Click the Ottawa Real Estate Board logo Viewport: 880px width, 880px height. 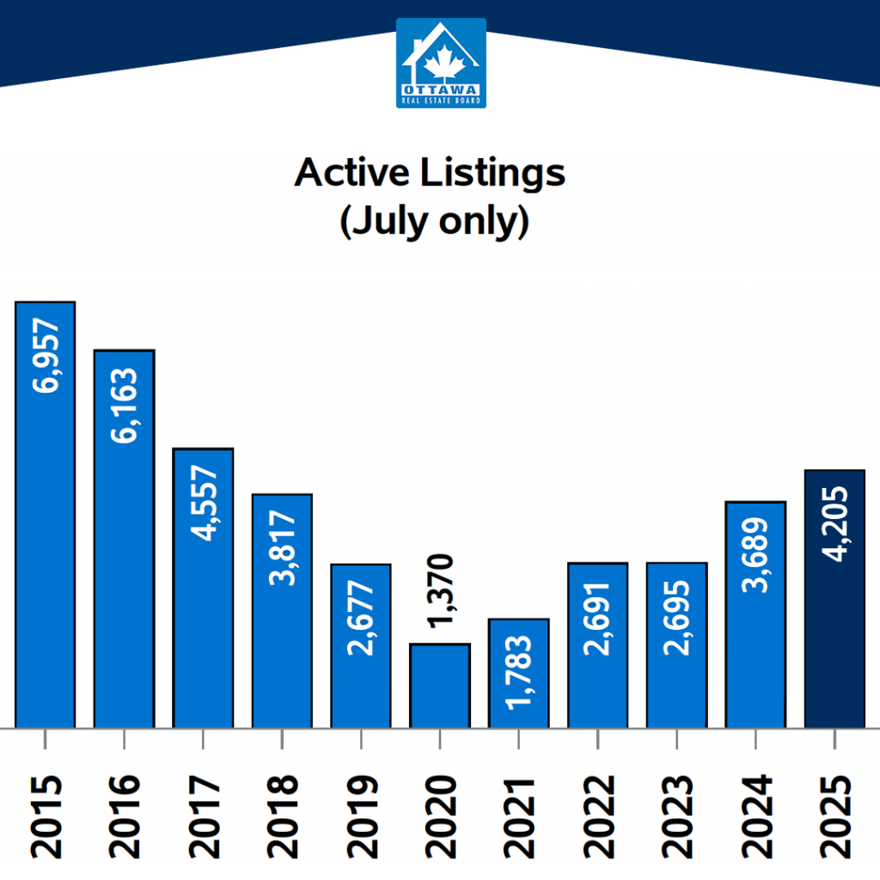pos(441,63)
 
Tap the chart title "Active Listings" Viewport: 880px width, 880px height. pos(430,173)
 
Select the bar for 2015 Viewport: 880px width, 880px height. pos(46,516)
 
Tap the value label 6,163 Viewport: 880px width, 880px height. pos(124,406)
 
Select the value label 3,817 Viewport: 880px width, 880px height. pos(282,548)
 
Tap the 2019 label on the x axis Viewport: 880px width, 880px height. pos(361,816)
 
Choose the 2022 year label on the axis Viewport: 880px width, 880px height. pos(598,816)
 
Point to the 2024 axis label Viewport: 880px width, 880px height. pos(756,816)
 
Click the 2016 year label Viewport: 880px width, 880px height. pos(124,816)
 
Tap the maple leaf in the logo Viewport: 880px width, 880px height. pos(441,62)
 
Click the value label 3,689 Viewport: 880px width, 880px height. pos(756,556)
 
